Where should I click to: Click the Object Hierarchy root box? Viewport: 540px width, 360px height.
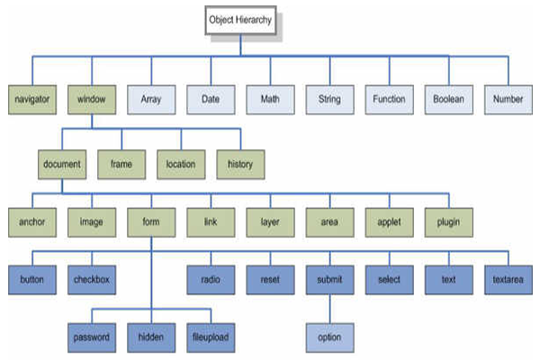coord(240,20)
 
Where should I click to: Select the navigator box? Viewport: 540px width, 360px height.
coord(32,100)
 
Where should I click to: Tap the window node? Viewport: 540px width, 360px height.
coord(92,100)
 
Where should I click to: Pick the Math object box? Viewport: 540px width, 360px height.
coord(270,100)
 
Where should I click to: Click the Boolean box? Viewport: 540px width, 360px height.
coord(449,100)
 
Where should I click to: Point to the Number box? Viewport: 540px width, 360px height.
coord(508,100)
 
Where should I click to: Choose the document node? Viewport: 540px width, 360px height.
coord(62,165)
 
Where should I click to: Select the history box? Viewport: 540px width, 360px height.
coord(240,165)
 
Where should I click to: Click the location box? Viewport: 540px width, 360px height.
coord(181,165)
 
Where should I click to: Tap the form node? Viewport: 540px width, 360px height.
coord(151,222)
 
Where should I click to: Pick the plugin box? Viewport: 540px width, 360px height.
coord(449,222)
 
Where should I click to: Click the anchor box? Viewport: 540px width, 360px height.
coord(32,222)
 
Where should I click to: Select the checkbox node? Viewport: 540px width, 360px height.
coord(92,280)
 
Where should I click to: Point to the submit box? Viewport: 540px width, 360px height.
coord(330,280)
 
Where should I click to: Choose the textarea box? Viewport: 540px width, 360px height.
coord(508,280)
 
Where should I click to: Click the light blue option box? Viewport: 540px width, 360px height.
coord(330,337)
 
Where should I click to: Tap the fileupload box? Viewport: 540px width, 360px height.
coord(211,337)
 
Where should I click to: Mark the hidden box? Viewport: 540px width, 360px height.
coord(151,337)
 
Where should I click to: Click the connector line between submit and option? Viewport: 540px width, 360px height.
coord(330,309)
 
